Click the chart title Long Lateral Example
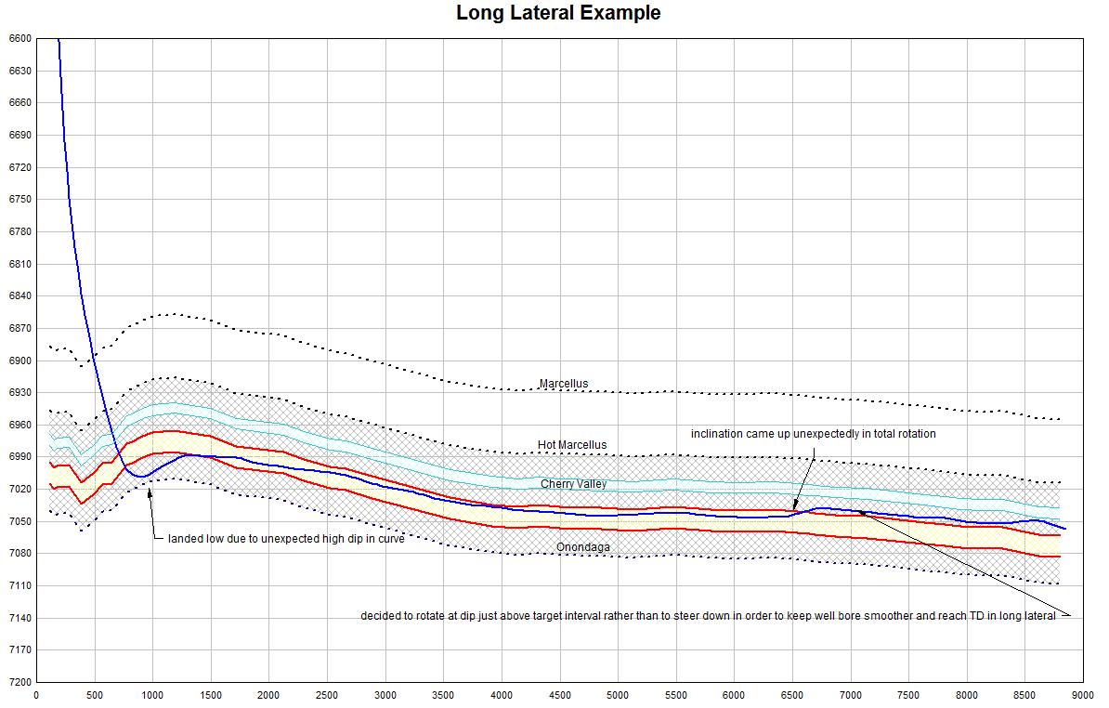tap(558, 13)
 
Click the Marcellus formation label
tap(563, 384)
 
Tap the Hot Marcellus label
tap(571, 445)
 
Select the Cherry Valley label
tap(573, 484)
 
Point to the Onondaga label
tap(582, 547)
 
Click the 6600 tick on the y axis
tap(19, 39)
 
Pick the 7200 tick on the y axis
tap(19, 682)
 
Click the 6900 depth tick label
tap(19, 361)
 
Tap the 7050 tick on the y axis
tap(19, 521)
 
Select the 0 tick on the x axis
tap(36, 693)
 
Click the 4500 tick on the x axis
tap(560, 693)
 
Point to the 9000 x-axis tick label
tap(1084, 693)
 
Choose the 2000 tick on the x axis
tap(268, 693)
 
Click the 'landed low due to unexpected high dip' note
tap(285, 539)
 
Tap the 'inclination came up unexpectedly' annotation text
tap(813, 434)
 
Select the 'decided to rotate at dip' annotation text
tap(708, 616)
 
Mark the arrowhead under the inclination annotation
tap(795, 506)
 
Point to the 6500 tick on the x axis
tap(793, 693)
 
